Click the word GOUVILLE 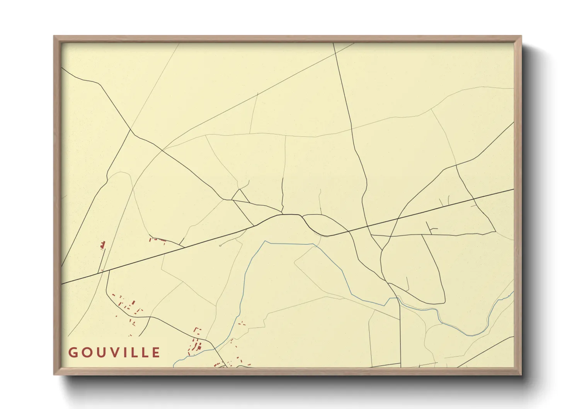tap(114, 353)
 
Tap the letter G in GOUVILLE tap(73, 353)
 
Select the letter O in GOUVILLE tap(86, 353)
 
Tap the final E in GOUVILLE tap(156, 353)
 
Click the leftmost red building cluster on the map tap(103, 245)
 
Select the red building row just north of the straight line tap(157, 240)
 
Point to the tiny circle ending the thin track tap(220, 245)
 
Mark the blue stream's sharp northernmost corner tap(266, 242)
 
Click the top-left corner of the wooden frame tap(54, 36)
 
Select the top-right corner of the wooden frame tap(521, 36)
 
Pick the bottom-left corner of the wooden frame tap(54, 374)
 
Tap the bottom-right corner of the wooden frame tap(521, 374)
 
